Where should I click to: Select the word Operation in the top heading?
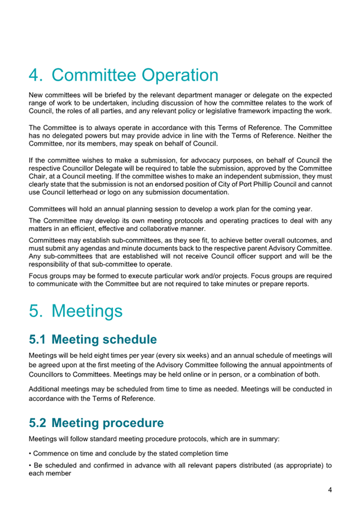179,75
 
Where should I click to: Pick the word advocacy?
202,160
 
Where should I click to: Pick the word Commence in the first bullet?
53,453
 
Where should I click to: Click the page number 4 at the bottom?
330,490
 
